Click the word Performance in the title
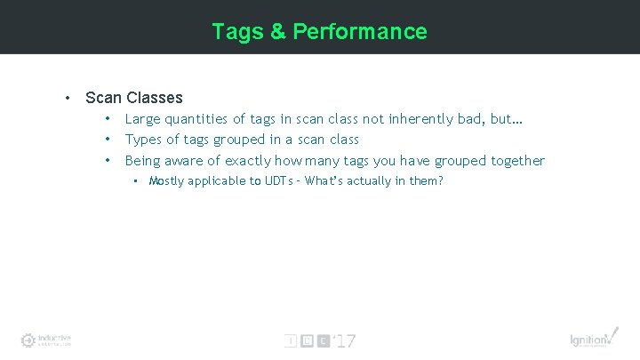[x=360, y=32]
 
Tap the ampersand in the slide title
[x=277, y=32]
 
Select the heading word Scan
[x=103, y=98]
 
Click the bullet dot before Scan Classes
[x=67, y=98]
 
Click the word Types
[x=143, y=140]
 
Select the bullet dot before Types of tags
[x=106, y=140]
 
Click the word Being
[x=143, y=161]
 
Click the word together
[x=513, y=161]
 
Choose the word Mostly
[x=167, y=181]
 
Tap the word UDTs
[x=276, y=181]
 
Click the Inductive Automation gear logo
[x=28, y=340]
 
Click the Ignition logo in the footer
[x=591, y=339]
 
